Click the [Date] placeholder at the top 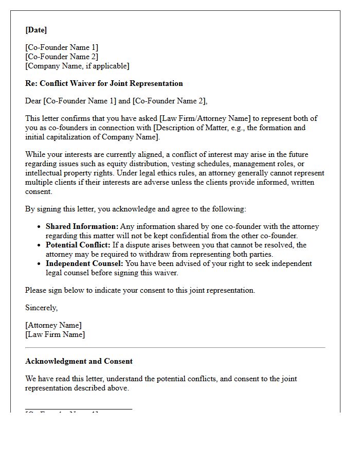click(x=36, y=30)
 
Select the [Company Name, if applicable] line click(x=77, y=66)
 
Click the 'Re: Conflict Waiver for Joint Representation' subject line click(x=104, y=83)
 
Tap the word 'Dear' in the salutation click(x=33, y=101)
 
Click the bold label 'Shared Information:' click(x=82, y=226)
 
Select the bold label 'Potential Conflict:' click(x=78, y=245)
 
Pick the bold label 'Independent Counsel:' click(x=84, y=263)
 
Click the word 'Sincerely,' click(x=42, y=308)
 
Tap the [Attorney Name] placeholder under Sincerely click(x=53, y=325)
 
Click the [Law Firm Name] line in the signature click(x=55, y=334)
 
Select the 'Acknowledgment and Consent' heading click(x=79, y=361)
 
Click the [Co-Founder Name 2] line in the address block click(x=62, y=57)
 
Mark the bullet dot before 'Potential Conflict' click(x=40, y=245)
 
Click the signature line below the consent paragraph click(x=79, y=409)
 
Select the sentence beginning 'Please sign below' click(x=140, y=290)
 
